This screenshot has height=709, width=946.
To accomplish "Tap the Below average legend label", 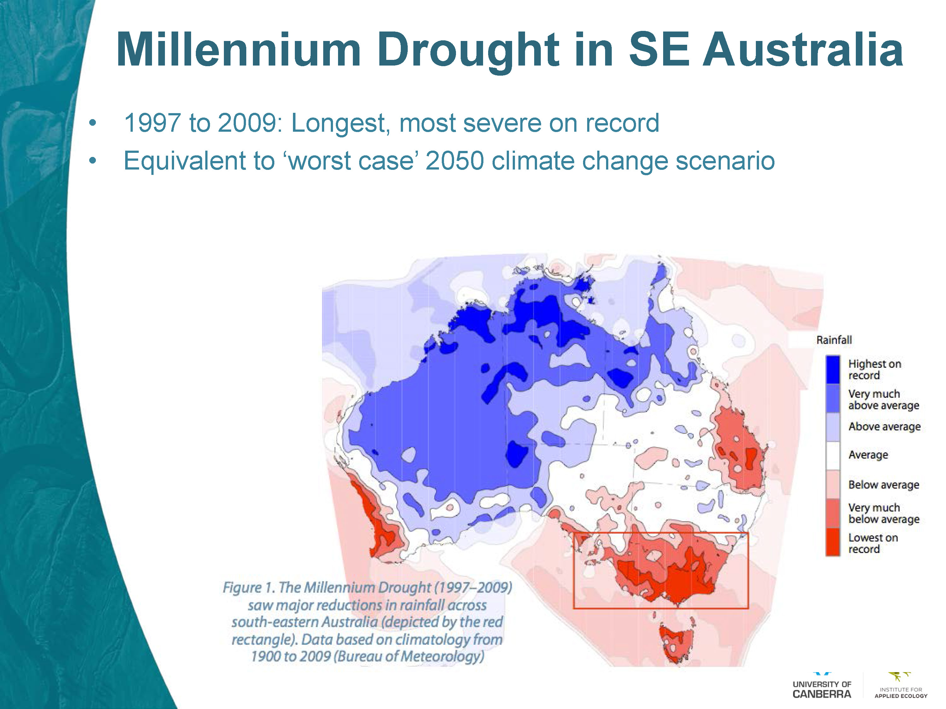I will [x=884, y=485].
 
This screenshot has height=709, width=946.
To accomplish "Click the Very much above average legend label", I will [x=883, y=400].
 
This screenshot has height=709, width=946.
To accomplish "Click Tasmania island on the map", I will [x=676, y=643].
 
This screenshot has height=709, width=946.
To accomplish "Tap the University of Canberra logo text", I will [x=821, y=689].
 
